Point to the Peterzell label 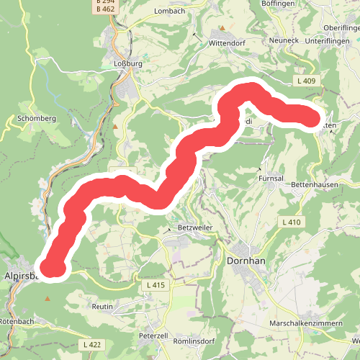[x=153, y=336]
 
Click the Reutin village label [x=103, y=307]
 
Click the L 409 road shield [x=306, y=81]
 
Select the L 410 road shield [x=292, y=222]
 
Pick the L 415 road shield [x=156, y=286]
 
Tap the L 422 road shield [x=91, y=345]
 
